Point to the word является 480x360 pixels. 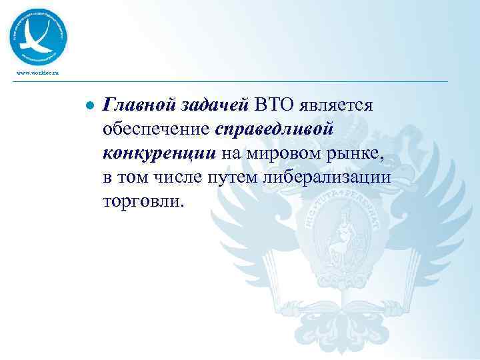[x=340, y=105]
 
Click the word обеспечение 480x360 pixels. [x=157, y=128]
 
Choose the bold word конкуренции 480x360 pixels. [x=159, y=153]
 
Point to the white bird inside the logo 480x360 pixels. [x=37, y=36]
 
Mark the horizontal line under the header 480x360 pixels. [x=240, y=82]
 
